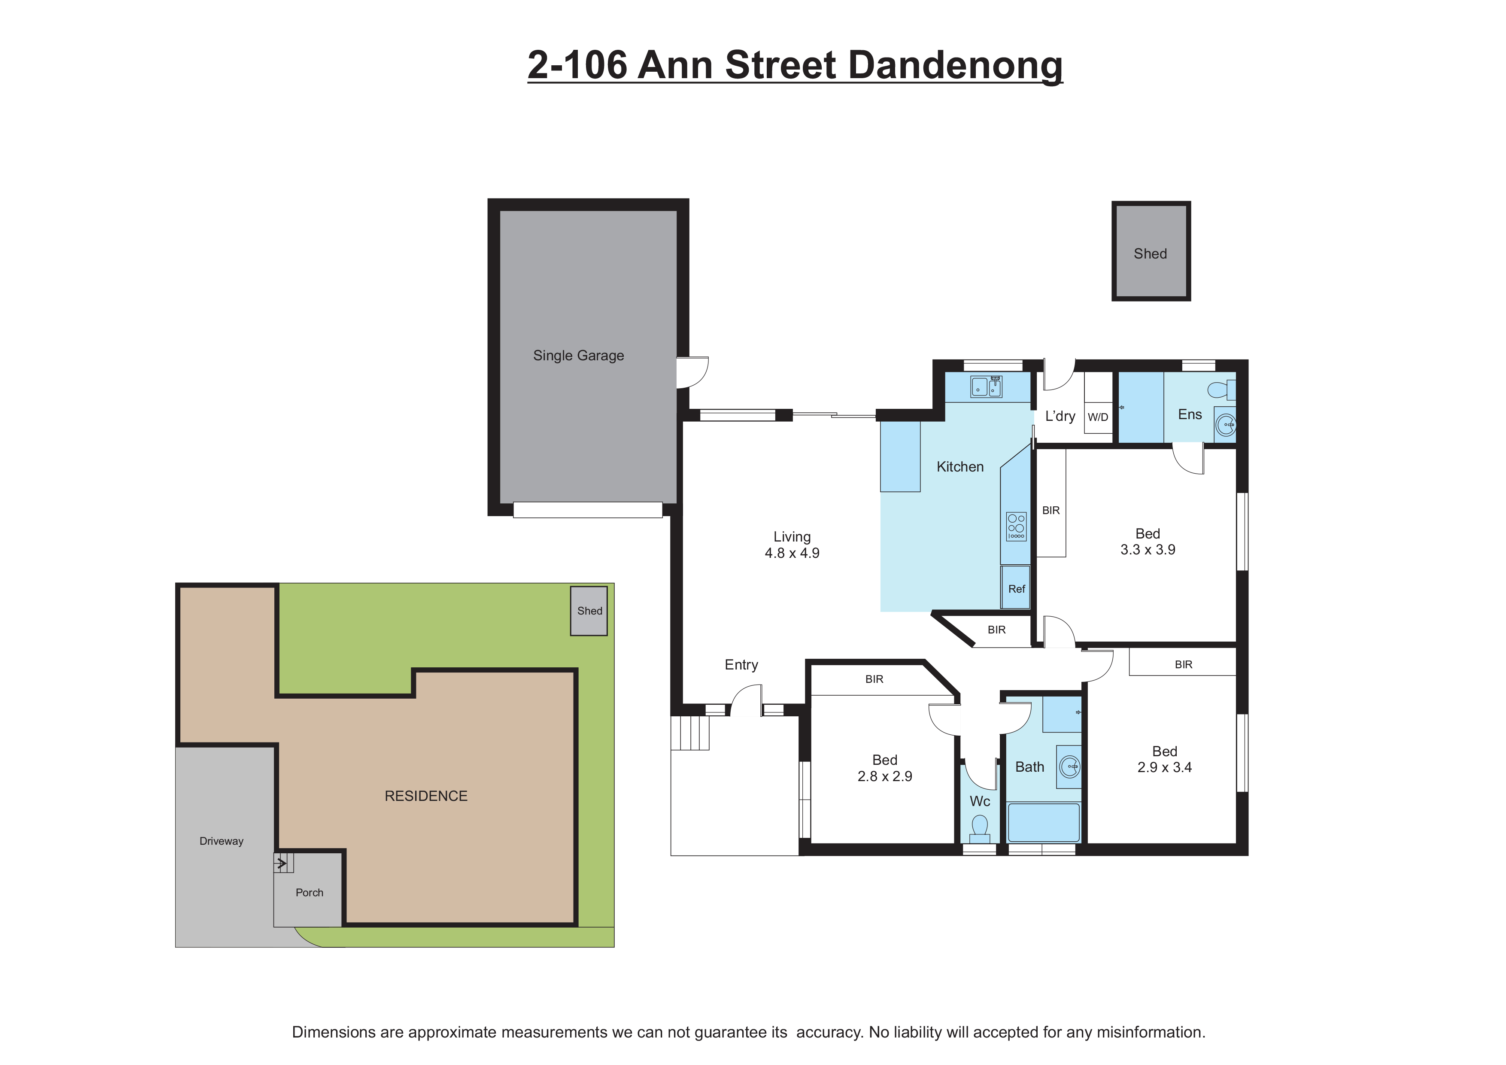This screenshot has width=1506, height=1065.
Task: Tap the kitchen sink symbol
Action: [x=986, y=387]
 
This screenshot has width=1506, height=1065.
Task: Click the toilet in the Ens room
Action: [x=1220, y=390]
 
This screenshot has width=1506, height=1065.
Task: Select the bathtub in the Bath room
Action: [x=1043, y=822]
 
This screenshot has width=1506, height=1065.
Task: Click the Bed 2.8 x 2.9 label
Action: [x=884, y=768]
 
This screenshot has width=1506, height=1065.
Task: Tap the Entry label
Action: [x=741, y=665]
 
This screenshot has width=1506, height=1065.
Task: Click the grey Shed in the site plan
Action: [x=589, y=611]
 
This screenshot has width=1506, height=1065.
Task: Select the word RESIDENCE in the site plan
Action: [x=426, y=796]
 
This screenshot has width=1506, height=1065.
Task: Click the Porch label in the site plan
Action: [x=309, y=892]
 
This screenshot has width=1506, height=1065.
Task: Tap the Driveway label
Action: [x=221, y=841]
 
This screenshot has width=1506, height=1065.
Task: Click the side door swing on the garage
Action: [x=692, y=372]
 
